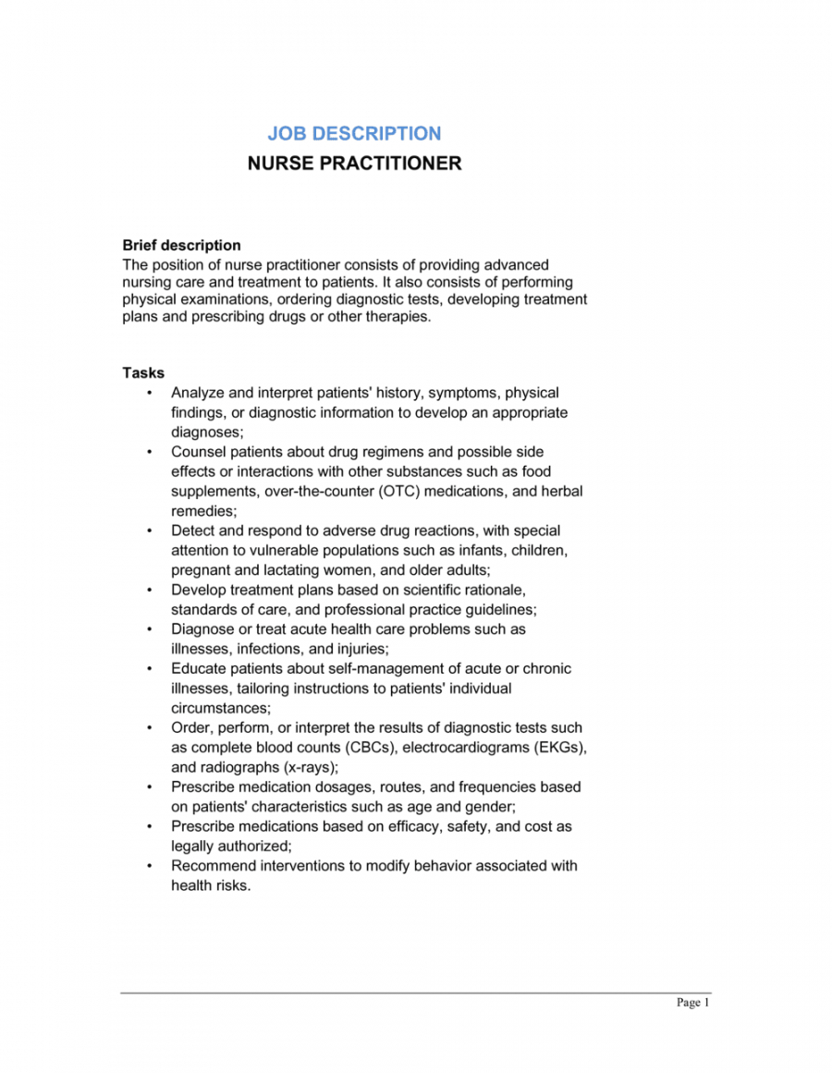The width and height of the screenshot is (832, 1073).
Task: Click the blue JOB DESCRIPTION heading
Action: click(354, 133)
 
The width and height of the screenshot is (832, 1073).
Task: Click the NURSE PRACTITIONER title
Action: click(354, 164)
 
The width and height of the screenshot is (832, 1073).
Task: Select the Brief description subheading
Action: click(182, 245)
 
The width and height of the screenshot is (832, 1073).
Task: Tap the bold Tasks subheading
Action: click(143, 372)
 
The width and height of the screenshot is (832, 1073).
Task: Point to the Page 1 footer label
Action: click(692, 1003)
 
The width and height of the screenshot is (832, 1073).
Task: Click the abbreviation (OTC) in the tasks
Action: click(400, 491)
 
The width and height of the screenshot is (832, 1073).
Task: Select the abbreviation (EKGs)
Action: click(556, 747)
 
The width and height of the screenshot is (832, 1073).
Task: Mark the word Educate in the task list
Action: click(199, 668)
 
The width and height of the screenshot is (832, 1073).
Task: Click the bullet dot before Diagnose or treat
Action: click(150, 629)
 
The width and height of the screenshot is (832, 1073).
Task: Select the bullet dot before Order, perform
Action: click(150, 728)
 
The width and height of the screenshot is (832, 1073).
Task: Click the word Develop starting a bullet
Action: click(197, 590)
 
